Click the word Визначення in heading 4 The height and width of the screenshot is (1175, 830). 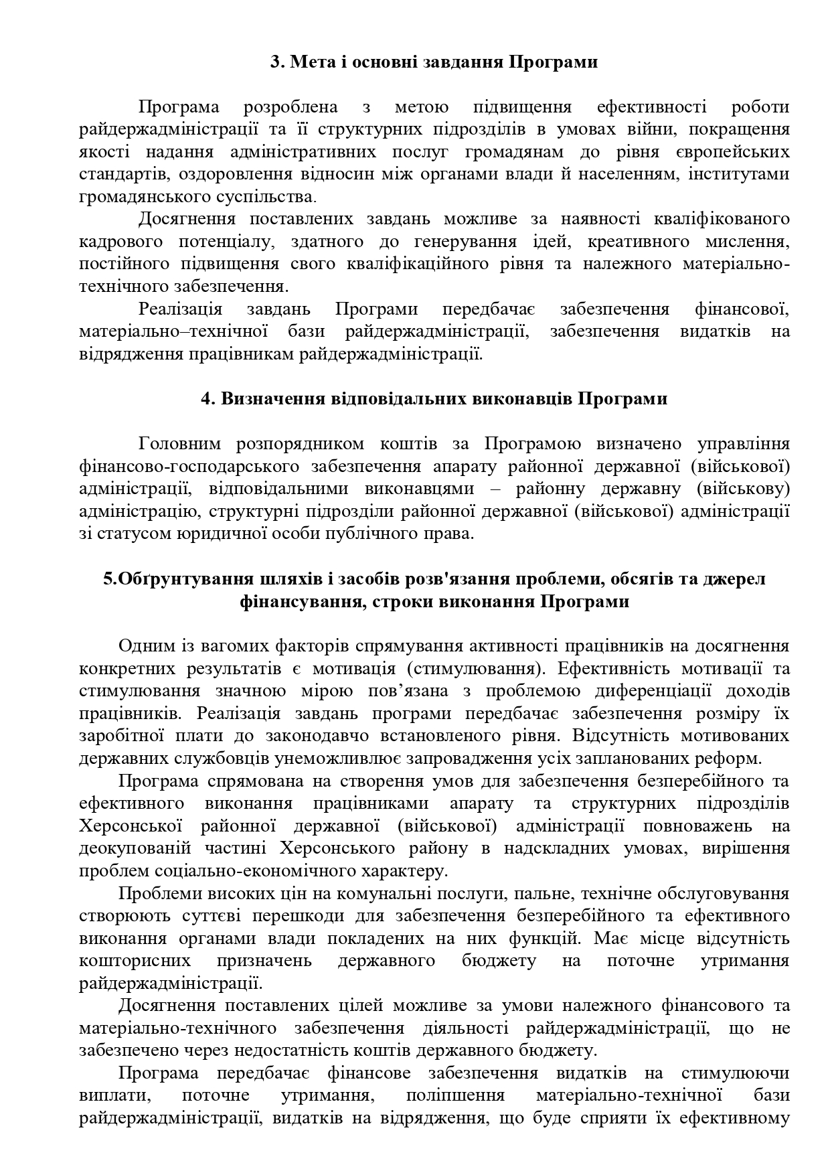[273, 399]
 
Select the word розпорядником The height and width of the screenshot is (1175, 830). [300, 444]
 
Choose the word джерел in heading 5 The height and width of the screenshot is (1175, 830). [734, 578]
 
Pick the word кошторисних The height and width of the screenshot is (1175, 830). [134, 961]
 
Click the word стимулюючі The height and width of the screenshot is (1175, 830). [734, 1073]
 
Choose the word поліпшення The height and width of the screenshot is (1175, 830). [454, 1095]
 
